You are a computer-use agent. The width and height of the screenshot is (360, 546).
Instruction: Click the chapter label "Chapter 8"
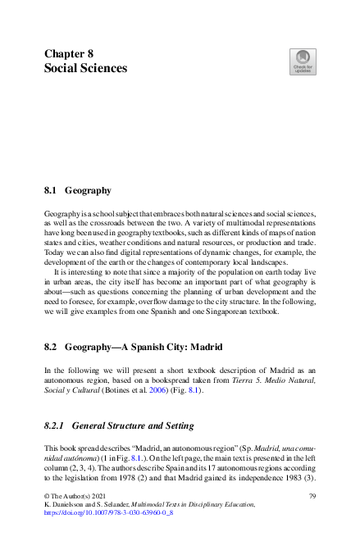[71, 53]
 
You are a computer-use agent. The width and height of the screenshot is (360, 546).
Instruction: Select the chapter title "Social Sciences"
[85, 69]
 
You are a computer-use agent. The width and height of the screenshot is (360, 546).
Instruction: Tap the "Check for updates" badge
[302, 61]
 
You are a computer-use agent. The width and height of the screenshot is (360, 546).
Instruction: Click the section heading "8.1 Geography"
[77, 191]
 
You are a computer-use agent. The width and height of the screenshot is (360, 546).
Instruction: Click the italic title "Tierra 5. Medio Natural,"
[276, 380]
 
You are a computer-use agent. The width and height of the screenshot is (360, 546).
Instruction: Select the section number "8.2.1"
[55, 426]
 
